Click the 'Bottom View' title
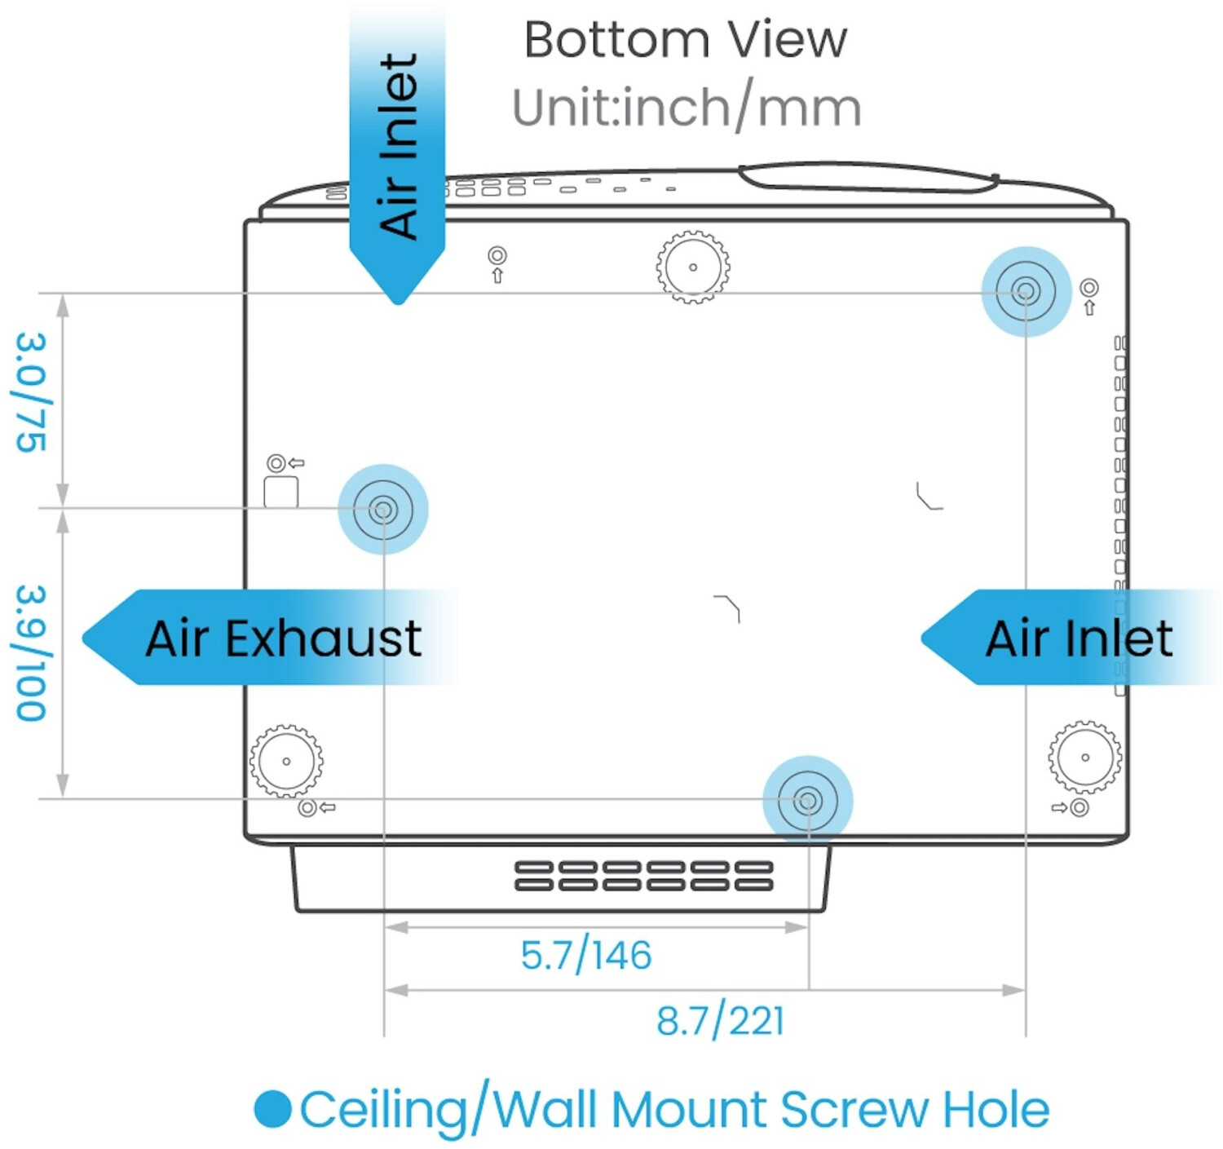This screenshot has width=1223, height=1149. tap(686, 40)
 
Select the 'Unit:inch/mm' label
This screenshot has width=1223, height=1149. tap(687, 108)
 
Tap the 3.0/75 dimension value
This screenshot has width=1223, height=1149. tap(31, 392)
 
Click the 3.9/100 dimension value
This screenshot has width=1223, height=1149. tap(31, 653)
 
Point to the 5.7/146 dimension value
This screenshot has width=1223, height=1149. tap(585, 956)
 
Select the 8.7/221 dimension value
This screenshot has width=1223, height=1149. tap(720, 1022)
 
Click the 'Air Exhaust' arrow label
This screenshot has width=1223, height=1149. tap(270, 637)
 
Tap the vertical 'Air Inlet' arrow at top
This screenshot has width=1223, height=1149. tap(397, 154)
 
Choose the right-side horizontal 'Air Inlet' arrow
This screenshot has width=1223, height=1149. tap(1071, 637)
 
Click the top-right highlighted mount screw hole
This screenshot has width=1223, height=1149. tap(1026, 291)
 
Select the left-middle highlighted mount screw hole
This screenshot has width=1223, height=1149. tap(383, 510)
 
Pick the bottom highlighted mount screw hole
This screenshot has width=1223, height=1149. tap(808, 801)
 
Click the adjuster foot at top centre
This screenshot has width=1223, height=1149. tap(693, 267)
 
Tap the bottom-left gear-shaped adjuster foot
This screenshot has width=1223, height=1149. tap(286, 762)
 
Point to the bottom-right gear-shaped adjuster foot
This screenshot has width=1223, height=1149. tap(1085, 758)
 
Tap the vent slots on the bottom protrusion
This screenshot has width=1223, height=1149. tap(643, 876)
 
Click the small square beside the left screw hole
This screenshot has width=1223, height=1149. tap(280, 492)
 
